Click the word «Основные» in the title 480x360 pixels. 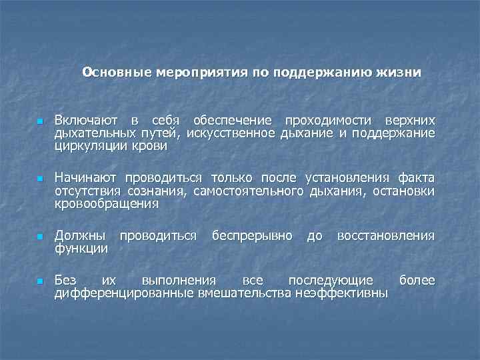click(117, 72)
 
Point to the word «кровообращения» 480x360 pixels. click(107, 204)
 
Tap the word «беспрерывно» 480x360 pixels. click(251, 236)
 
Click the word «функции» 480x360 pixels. click(81, 249)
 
